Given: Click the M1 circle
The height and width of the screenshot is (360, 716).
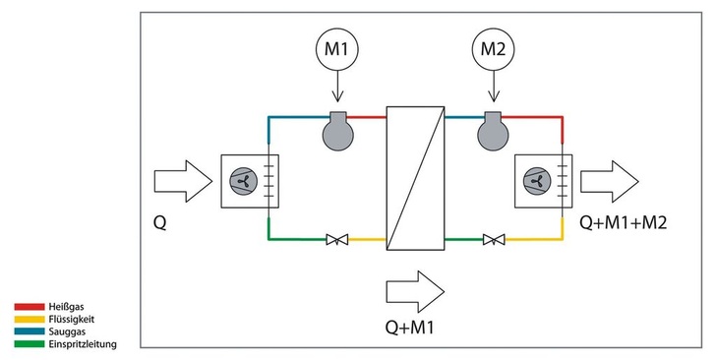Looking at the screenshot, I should click(x=337, y=48).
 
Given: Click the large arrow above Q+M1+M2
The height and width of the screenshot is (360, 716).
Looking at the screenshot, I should click(x=609, y=181).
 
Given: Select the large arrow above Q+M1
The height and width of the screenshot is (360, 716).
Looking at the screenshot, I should click(x=416, y=290).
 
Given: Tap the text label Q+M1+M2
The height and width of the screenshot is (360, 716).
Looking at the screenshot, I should click(x=623, y=223).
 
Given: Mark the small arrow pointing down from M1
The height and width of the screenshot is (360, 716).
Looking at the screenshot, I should click(x=337, y=89).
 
